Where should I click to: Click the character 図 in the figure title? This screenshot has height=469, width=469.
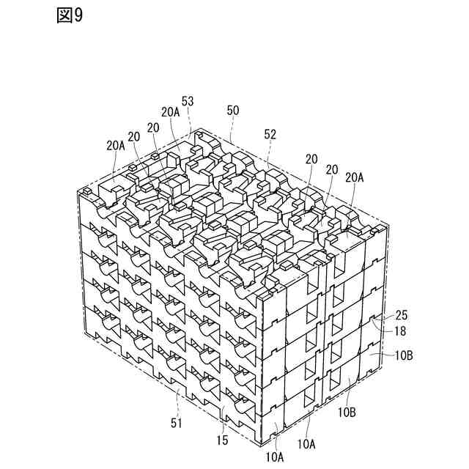pyautogui.click(x=63, y=16)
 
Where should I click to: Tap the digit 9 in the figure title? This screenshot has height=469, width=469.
pyautogui.click(x=78, y=16)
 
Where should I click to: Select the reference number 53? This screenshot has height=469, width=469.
pyautogui.click(x=188, y=101)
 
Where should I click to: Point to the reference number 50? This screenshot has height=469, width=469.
pyautogui.click(x=233, y=110)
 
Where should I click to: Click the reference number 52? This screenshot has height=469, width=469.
pyautogui.click(x=270, y=134)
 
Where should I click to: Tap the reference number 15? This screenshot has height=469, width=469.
pyautogui.click(x=222, y=440)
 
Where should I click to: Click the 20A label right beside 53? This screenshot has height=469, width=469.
pyautogui.click(x=170, y=111)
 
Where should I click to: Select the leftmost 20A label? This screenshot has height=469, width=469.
pyautogui.click(x=116, y=145)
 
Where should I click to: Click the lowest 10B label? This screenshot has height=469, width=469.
pyautogui.click(x=347, y=412)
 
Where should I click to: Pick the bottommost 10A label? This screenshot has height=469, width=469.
pyautogui.click(x=276, y=456)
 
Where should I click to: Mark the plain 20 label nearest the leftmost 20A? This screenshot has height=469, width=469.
pyautogui.click(x=133, y=136)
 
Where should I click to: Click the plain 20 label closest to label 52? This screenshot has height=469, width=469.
pyautogui.click(x=311, y=158)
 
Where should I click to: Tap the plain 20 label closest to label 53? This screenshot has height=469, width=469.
pyautogui.click(x=153, y=126)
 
